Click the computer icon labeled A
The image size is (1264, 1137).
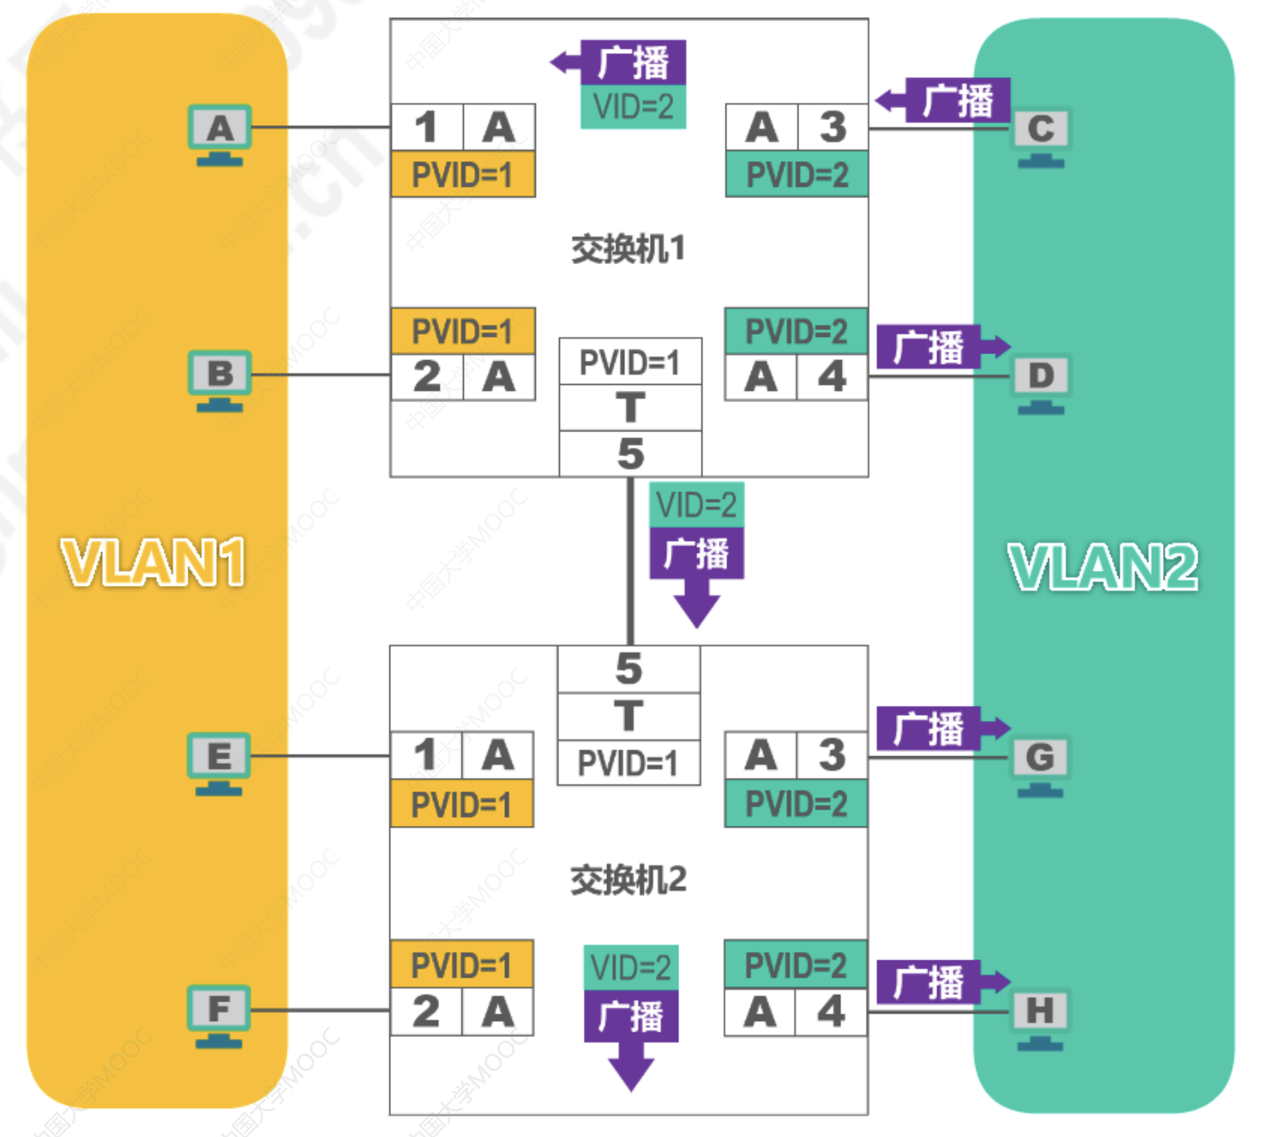pos(220,134)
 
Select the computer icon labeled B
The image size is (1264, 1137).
pos(220,380)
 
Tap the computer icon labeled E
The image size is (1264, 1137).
pos(219,762)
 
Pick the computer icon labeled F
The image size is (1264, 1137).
pos(219,1015)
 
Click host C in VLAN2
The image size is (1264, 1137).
pos(1040,135)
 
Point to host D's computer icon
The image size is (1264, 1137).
pos(1040,382)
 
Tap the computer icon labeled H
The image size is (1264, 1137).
pos(1039,1018)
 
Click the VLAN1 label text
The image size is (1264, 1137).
pos(153,562)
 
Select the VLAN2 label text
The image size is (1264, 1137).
pos(1103,567)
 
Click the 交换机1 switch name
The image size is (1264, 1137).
pos(629,250)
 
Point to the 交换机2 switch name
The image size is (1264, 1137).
pos(629,880)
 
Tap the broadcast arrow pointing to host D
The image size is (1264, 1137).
pos(942,347)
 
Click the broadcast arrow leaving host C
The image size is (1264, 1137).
pos(943,100)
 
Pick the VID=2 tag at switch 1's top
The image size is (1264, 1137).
pos(633,107)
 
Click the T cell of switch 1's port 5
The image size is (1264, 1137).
pos(630,407)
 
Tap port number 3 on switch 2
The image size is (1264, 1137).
pos(832,755)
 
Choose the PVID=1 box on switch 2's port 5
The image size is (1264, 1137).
pos(628,762)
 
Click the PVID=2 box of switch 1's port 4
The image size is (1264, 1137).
pos(796,331)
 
